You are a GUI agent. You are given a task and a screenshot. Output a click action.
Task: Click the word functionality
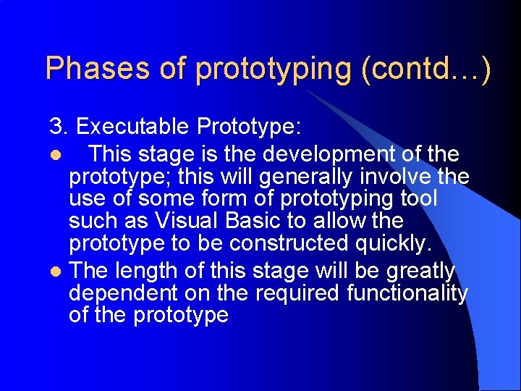coord(407,293)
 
